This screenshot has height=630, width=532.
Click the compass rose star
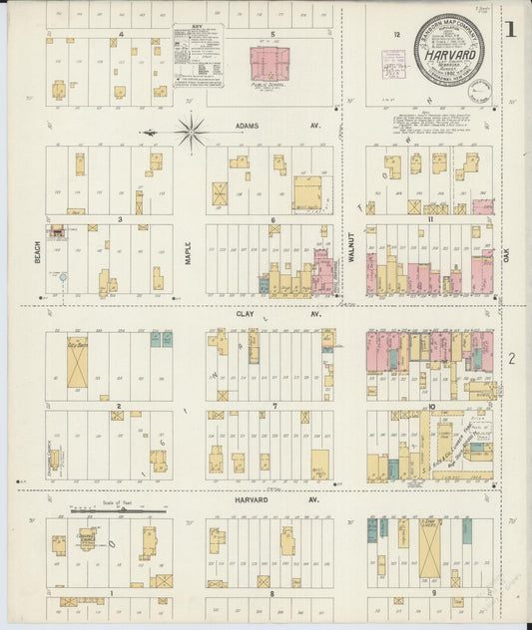(190, 130)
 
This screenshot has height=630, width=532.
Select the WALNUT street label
(351, 246)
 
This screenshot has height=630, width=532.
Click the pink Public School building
(268, 64)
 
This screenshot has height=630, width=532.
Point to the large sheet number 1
(509, 29)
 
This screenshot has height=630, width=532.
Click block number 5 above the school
(272, 35)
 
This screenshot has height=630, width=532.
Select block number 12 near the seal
(396, 35)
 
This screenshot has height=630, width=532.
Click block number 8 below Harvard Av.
(271, 593)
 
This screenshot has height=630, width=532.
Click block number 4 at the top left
(120, 35)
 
